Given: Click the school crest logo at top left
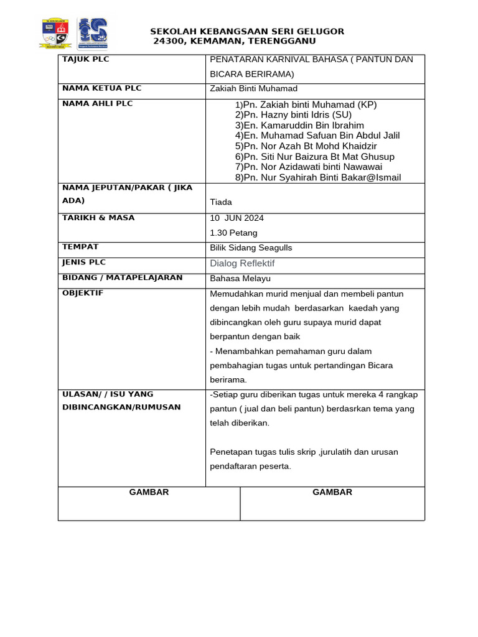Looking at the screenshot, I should tap(55, 34).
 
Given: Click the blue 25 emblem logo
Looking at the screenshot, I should tap(92, 34).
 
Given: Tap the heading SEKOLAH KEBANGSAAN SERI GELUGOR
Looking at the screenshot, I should tap(247, 31).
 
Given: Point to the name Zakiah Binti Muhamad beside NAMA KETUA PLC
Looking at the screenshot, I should tap(254, 89).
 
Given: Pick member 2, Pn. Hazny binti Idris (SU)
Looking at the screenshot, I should tap(293, 115).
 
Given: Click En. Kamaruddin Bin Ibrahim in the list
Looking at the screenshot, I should tap(299, 125).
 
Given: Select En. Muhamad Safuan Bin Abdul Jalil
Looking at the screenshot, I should tap(317, 136).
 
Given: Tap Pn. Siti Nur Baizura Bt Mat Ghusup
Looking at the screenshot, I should tap(314, 157).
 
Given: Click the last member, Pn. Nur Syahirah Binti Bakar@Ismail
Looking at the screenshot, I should tap(318, 177).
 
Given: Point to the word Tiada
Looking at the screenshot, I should tap(221, 202).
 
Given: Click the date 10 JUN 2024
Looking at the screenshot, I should tap(237, 218).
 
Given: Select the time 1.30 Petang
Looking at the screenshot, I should tap(234, 233).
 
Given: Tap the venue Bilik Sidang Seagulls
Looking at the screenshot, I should tap(251, 248).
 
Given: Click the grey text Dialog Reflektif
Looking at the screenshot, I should tap(242, 263).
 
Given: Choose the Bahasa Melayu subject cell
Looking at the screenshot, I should tap(240, 278).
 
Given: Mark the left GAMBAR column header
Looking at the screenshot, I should tap(149, 492).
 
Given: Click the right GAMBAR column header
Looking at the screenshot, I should tap(332, 492).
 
